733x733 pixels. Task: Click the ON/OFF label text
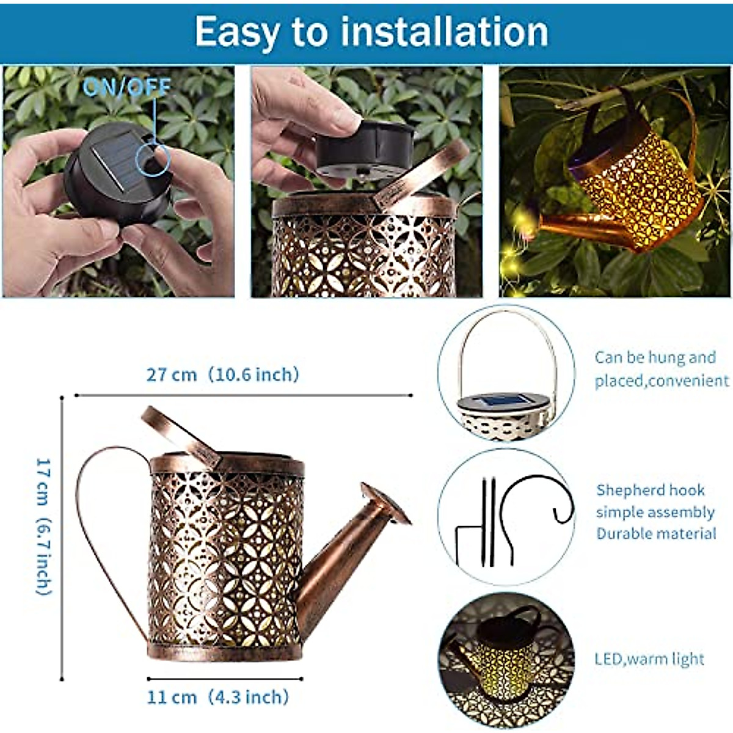coord(126,87)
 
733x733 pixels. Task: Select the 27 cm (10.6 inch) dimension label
coord(222,374)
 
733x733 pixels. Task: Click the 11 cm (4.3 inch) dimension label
coord(217,697)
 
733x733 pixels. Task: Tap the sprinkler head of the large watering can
coord(385,503)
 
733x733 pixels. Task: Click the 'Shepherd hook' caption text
coord(650,490)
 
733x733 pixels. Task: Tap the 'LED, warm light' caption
coord(649,659)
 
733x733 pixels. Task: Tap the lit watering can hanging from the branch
coord(635,183)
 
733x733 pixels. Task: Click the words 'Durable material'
coord(656,533)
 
